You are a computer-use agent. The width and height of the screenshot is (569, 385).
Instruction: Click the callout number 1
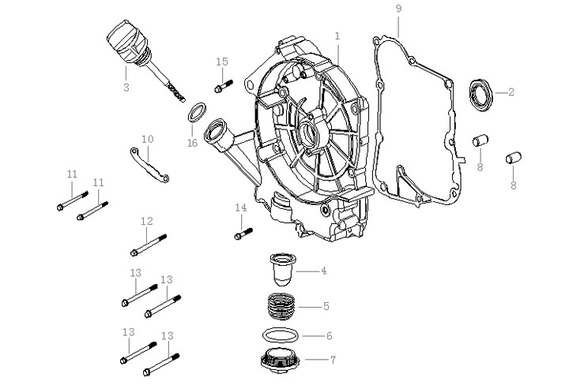[337, 36]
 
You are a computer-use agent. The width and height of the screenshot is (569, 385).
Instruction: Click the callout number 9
[398, 8]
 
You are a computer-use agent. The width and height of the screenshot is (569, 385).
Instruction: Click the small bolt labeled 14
[243, 233]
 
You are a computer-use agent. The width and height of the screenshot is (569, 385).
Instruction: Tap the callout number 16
[192, 143]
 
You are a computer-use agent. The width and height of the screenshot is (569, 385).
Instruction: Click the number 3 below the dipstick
[126, 88]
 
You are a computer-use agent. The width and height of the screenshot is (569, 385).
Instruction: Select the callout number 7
[333, 360]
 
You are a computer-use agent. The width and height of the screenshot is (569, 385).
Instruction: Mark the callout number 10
[147, 140]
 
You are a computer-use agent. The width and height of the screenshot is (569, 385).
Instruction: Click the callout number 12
[146, 222]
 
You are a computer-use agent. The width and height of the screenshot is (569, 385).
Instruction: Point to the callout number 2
[511, 92]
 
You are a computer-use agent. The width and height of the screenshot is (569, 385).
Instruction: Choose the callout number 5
[326, 305]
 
